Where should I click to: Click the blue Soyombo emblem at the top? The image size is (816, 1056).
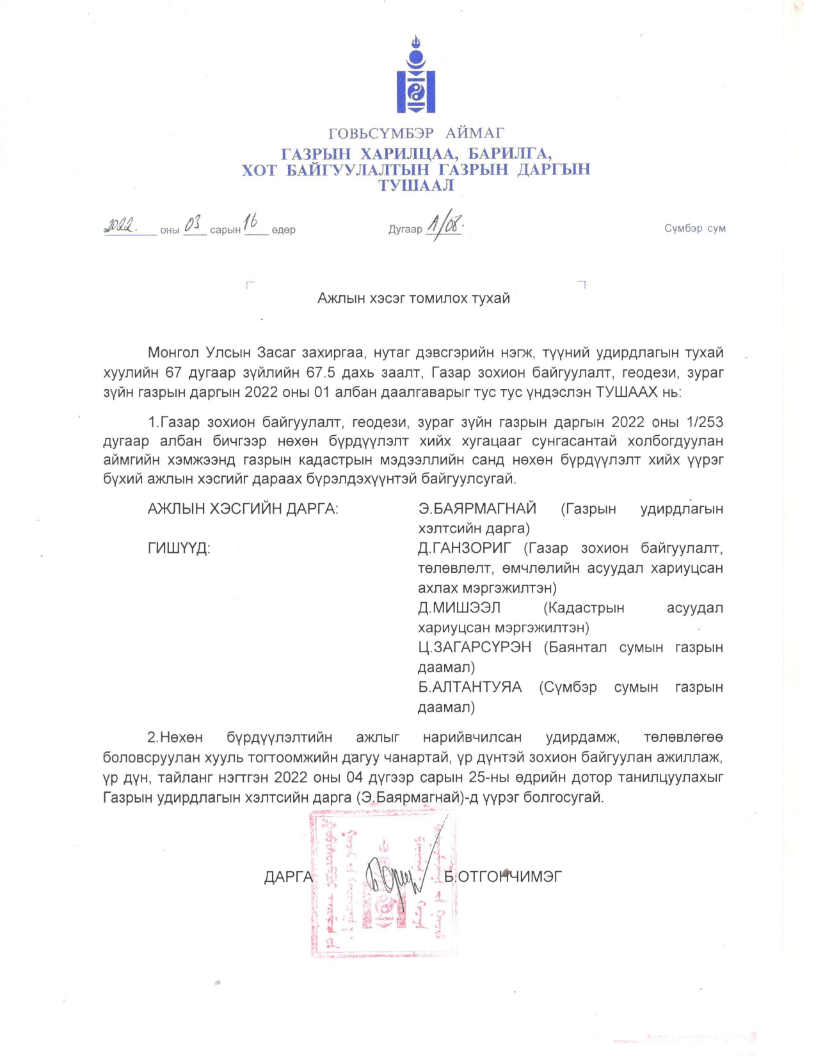(416, 77)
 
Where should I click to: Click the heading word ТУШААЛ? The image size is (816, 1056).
(416, 186)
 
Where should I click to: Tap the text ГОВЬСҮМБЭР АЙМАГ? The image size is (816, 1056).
(416, 133)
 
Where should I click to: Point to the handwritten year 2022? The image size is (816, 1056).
(120, 225)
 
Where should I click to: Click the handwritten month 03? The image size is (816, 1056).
(193, 225)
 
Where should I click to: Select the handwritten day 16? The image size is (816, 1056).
(250, 221)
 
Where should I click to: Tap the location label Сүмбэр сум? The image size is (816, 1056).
(694, 228)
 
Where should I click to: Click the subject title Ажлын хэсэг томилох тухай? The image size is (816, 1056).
(413, 298)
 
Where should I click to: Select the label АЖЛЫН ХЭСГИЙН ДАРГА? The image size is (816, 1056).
(243, 509)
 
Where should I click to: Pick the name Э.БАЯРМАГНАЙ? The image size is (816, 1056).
(477, 509)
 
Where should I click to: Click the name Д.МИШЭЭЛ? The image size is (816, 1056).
(459, 608)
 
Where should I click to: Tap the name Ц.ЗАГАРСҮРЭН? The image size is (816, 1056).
(474, 648)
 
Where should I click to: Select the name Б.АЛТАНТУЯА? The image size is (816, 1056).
(470, 687)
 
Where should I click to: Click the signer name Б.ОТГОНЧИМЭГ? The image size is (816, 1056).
(503, 877)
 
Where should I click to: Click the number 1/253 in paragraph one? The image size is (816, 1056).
(704, 422)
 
